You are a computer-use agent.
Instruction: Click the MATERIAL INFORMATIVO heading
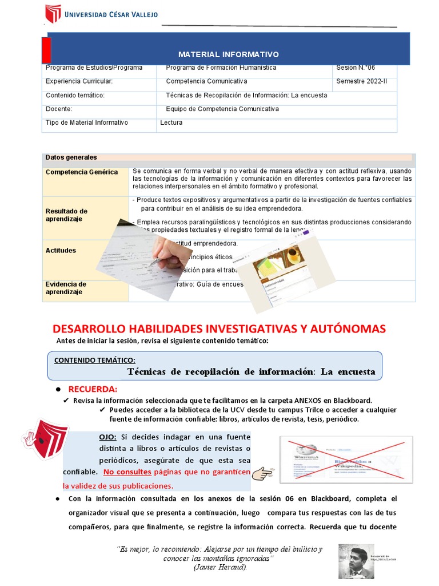tap(228, 54)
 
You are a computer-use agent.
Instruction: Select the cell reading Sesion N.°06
tap(356, 68)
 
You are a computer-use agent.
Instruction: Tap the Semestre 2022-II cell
tap(361, 81)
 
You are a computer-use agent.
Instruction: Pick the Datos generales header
tap(71, 157)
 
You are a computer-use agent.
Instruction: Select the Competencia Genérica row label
tap(81, 172)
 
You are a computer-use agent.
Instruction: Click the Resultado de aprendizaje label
tap(66, 215)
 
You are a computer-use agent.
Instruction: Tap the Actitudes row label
tap(61, 251)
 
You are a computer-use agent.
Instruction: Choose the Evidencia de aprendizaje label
tap(66, 288)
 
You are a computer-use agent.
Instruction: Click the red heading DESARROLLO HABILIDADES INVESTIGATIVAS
tap(219, 328)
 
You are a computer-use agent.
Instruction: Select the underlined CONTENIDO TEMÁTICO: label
tap(95, 360)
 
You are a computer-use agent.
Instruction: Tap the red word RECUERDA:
tap(93, 389)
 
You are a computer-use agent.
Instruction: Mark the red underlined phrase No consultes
tap(127, 473)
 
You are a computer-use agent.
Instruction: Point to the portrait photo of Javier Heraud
tap(356, 561)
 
